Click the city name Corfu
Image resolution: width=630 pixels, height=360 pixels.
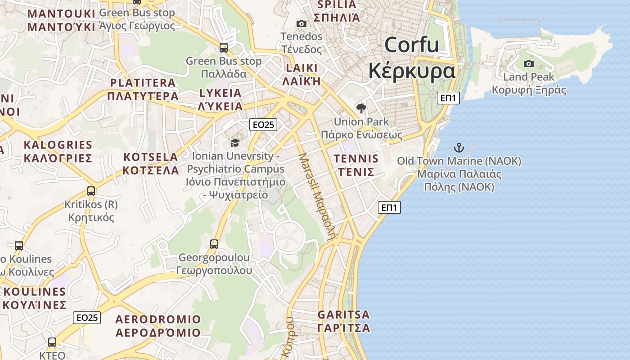(x=411, y=45)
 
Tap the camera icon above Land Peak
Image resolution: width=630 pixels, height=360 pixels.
(x=529, y=63)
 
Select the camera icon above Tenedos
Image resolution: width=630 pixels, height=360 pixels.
(x=301, y=23)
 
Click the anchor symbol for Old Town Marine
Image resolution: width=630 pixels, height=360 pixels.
(x=459, y=147)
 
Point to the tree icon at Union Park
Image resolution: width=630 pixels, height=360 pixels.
(x=361, y=108)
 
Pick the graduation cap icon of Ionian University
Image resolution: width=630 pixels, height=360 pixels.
(x=235, y=143)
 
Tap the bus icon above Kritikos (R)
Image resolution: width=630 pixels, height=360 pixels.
(x=91, y=191)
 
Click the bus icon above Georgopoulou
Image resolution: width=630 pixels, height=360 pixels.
(x=214, y=244)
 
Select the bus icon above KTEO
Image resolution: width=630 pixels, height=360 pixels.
(x=52, y=342)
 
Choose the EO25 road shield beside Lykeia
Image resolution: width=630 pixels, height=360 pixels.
(x=263, y=125)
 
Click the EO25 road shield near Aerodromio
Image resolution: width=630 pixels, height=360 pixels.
(x=87, y=318)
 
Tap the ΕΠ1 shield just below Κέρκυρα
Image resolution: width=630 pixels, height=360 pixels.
(x=448, y=98)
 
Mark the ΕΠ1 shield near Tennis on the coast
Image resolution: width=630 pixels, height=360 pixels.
(x=389, y=207)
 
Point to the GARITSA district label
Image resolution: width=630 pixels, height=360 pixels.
(x=344, y=315)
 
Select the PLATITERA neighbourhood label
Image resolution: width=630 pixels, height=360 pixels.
(x=143, y=83)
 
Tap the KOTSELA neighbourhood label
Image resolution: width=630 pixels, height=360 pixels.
(x=151, y=157)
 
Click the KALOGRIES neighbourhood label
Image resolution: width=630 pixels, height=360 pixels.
(x=58, y=145)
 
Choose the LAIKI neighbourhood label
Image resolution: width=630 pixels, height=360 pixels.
(x=301, y=68)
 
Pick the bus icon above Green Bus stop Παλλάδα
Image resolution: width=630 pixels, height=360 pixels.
(x=224, y=47)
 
